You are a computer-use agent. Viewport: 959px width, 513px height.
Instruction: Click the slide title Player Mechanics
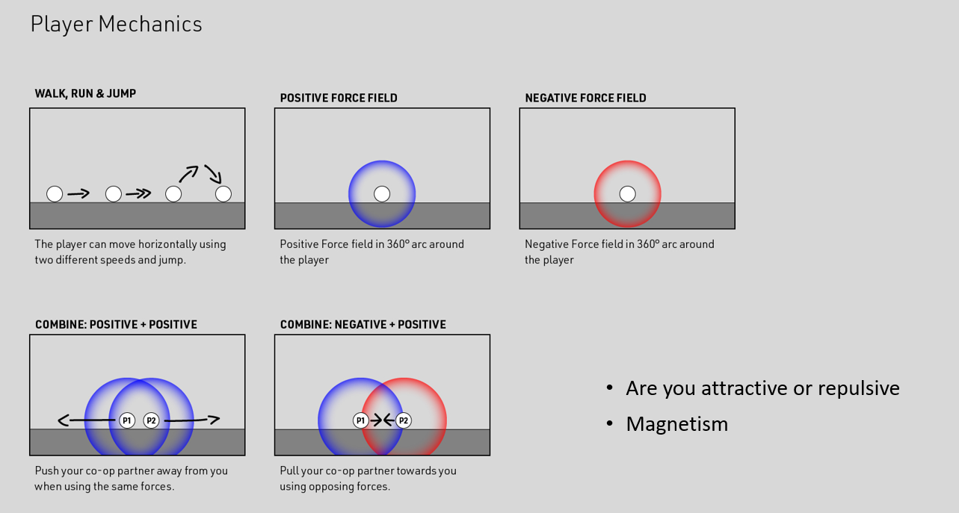point(116,25)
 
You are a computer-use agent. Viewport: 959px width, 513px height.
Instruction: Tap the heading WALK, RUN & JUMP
point(85,93)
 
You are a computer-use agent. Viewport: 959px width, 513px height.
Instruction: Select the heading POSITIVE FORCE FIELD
point(339,98)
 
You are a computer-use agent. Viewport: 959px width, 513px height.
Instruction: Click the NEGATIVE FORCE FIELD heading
point(585,98)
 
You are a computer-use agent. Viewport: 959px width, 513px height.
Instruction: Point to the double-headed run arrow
point(138,194)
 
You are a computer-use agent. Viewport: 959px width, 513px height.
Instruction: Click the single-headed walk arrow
point(78,194)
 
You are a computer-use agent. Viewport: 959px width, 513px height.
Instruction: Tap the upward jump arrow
point(189,174)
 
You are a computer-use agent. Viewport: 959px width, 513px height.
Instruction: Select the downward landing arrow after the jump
point(213,174)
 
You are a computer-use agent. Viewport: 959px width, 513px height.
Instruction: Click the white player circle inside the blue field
point(382,194)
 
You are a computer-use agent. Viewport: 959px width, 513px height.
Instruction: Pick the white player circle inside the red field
point(628,194)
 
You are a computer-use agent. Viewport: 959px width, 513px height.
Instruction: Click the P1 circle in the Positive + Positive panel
point(127,420)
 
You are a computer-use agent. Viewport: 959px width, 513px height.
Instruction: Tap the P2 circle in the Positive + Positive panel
point(151,420)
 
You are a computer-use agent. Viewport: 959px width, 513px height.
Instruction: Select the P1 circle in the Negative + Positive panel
point(361,420)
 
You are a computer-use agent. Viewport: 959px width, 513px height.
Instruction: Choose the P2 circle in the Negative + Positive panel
point(404,420)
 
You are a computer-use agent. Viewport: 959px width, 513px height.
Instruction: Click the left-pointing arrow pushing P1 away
point(87,420)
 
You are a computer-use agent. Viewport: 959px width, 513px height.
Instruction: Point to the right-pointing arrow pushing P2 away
point(192,420)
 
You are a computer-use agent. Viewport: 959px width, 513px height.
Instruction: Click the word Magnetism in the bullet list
point(677,424)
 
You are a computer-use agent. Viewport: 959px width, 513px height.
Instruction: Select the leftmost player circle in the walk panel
point(55,194)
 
